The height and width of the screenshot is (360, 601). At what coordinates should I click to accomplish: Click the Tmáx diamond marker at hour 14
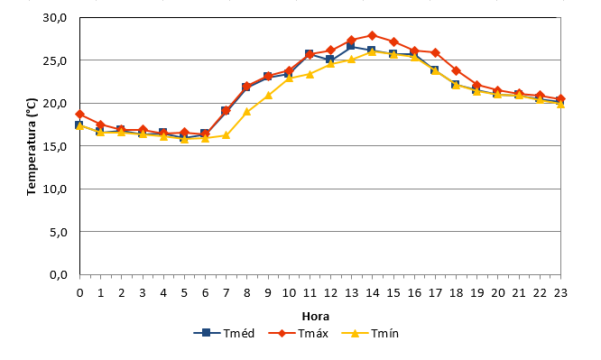point(372,36)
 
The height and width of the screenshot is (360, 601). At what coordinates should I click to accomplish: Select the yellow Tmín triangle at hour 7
point(226,135)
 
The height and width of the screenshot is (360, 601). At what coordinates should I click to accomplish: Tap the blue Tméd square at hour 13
point(351,46)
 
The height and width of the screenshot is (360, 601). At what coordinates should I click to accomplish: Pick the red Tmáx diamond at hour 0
point(79,115)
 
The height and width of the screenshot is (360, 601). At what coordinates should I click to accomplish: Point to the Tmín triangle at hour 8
point(247,112)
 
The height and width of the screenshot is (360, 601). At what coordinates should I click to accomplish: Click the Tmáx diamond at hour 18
point(456,71)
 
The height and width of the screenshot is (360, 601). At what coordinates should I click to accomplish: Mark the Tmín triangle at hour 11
point(310,74)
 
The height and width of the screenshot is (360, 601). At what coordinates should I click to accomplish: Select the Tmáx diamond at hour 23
point(560,99)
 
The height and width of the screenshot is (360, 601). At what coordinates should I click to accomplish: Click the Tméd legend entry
point(224,333)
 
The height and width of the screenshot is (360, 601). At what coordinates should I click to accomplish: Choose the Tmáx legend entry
point(298,333)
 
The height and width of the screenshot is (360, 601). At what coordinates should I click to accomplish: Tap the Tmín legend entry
point(370,333)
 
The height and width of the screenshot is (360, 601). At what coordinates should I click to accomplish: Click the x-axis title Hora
point(316,317)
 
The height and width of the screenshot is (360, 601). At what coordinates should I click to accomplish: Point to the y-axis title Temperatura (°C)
point(32,146)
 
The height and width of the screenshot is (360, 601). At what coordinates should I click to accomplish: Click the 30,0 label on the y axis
point(55,18)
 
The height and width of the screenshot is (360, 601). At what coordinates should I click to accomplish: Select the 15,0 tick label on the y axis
point(55,146)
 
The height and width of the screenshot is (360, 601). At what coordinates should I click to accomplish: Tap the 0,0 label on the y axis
point(59,275)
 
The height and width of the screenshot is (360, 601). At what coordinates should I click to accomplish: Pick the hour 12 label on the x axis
point(330,293)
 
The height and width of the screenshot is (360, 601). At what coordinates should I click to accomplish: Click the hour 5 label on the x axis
point(184,293)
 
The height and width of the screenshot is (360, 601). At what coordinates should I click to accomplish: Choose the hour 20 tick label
point(497,293)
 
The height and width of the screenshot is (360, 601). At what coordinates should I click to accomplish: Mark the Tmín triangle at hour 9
point(268,95)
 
